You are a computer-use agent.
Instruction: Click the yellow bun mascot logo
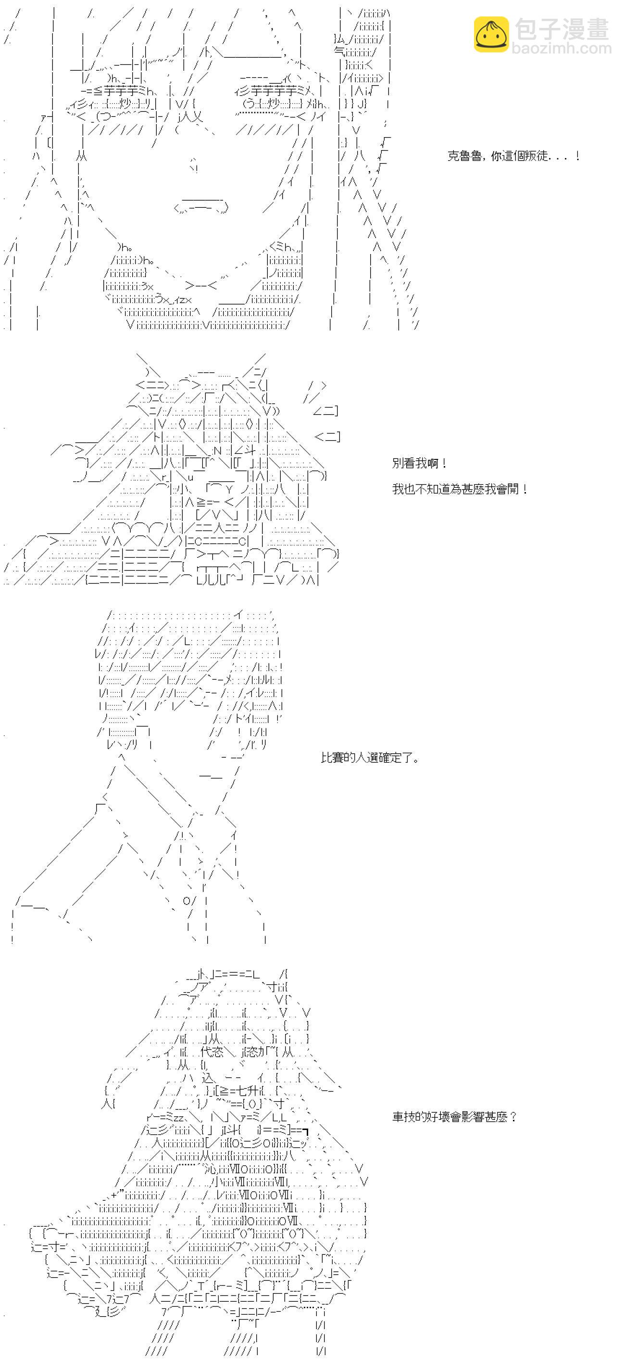point(491,35)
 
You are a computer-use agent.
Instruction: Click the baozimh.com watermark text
point(562,49)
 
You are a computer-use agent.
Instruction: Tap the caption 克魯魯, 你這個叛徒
point(513,156)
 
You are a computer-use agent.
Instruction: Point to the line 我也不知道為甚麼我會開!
point(460,489)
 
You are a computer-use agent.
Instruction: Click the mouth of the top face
point(201,206)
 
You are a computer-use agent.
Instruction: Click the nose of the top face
point(194,165)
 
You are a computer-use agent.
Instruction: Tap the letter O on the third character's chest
point(187,901)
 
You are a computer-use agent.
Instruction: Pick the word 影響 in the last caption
point(467,1117)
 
